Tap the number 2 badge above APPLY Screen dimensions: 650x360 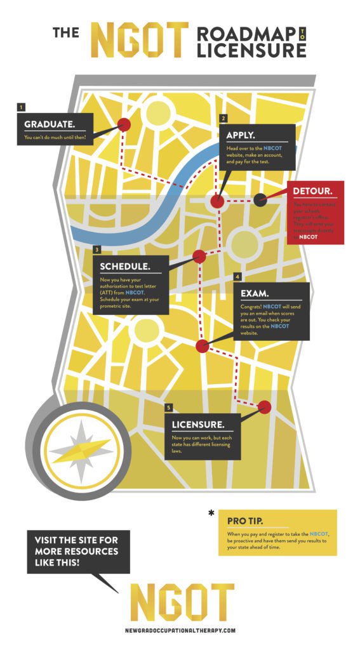click(x=223, y=118)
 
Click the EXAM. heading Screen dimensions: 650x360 click(x=255, y=293)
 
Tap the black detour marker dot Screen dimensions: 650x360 click(x=260, y=200)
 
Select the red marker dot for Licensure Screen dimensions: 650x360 click(x=265, y=407)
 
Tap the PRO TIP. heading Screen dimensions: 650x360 click(x=246, y=521)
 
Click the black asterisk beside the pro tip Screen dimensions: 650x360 click(x=211, y=513)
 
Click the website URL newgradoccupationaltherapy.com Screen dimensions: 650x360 click(x=180, y=630)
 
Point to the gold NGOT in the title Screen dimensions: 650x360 click(x=140, y=39)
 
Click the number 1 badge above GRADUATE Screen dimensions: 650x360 click(x=22, y=107)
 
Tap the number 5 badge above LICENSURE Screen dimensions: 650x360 click(x=168, y=407)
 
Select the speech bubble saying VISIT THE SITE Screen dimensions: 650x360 click(x=78, y=550)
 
